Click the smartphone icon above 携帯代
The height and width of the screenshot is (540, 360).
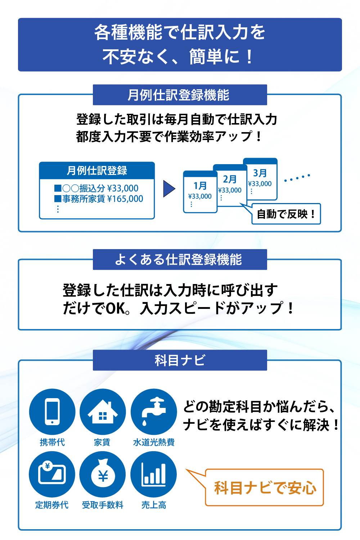tap(52, 412)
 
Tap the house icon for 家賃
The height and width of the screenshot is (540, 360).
tap(103, 412)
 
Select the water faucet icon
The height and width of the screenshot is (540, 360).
tap(154, 412)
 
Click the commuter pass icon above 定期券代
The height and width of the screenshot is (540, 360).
tap(52, 474)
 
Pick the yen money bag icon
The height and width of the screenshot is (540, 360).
tap(103, 474)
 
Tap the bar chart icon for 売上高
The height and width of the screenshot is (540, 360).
tap(154, 474)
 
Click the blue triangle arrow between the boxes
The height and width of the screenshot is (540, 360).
tap(168, 189)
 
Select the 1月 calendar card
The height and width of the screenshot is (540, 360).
tap(200, 193)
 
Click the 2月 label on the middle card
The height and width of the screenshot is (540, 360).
tap(230, 179)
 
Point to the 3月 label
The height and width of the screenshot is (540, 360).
tap(260, 173)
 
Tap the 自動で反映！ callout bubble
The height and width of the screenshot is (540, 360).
tap(286, 214)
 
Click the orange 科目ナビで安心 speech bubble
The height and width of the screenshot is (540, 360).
tap(265, 488)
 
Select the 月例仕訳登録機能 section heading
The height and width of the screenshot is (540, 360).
tap(180, 95)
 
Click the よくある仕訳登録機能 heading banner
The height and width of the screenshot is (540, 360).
tap(180, 260)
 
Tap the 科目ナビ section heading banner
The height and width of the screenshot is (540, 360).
tap(180, 360)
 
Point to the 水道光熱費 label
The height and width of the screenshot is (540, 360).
tap(154, 442)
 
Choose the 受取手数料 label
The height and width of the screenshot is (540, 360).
tap(103, 505)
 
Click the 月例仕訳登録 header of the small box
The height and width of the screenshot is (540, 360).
tap(97, 171)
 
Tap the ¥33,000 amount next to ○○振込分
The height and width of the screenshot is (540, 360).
tap(123, 188)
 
